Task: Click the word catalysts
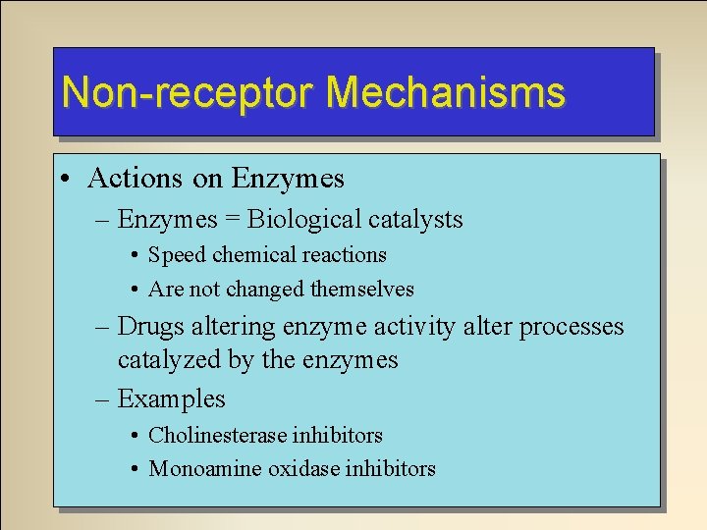click(x=417, y=220)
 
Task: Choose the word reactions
click(x=344, y=255)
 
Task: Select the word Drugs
click(x=150, y=326)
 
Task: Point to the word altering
click(x=234, y=326)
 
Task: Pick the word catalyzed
click(x=169, y=360)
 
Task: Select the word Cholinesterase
click(x=220, y=435)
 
